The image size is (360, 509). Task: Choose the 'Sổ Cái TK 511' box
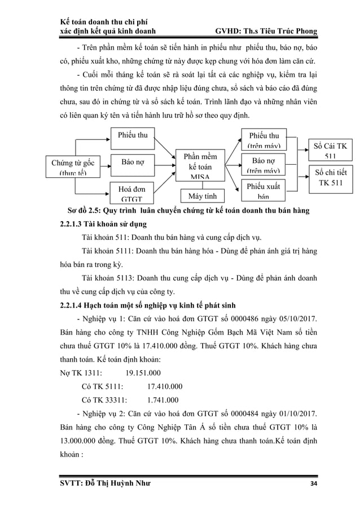330,150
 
